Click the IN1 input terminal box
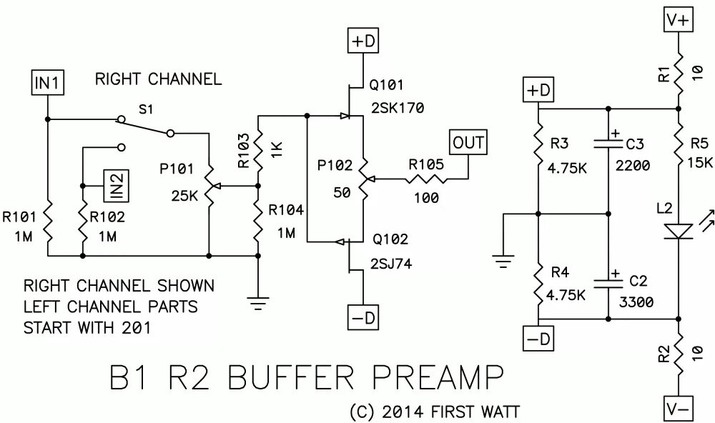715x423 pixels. (x=47, y=82)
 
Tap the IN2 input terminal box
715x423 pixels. (x=116, y=186)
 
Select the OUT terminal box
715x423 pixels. (x=468, y=143)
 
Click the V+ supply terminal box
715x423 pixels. (x=679, y=21)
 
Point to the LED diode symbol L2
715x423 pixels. (x=679, y=231)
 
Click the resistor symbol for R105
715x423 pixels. (x=426, y=180)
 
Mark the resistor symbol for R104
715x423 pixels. (x=258, y=221)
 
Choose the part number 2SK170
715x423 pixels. (x=398, y=108)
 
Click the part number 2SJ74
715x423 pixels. (x=391, y=264)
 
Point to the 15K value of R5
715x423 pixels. (x=699, y=162)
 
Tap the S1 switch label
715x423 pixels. (x=146, y=109)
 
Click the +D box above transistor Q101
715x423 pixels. (x=363, y=41)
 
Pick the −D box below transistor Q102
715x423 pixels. (x=363, y=317)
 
